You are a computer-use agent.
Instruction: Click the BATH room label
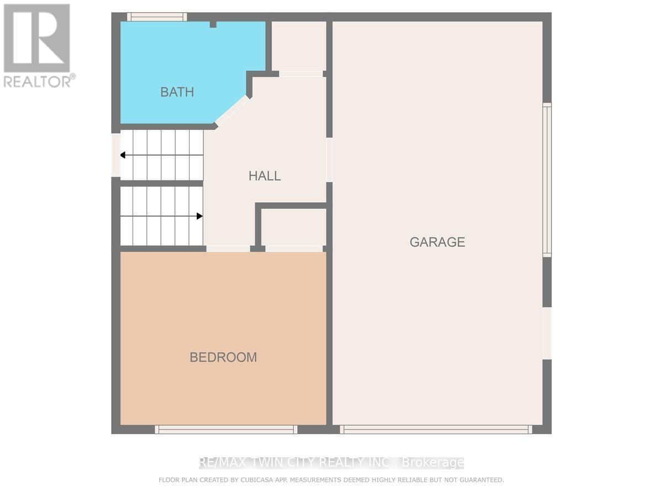pos(177,92)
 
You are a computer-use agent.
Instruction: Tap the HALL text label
pos(265,176)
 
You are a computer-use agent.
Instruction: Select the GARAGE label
pos(437,242)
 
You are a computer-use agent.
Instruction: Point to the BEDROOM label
pos(223,357)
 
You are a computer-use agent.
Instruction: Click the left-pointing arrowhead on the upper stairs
pos(123,155)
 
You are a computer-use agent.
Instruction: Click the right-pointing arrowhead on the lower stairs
pos(199,216)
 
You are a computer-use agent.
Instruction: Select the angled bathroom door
pos(232,109)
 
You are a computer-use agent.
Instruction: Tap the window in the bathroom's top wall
pos(156,17)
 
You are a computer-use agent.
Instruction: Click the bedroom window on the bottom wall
pos(226,429)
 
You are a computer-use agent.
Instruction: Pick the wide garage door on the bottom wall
pos(436,429)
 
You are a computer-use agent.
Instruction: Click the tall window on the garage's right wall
pos(546,179)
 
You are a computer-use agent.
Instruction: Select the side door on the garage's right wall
pos(546,333)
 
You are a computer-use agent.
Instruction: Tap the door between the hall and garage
pos(329,160)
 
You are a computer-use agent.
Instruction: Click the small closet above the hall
pos(298,46)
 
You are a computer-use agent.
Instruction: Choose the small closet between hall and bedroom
pos(293,226)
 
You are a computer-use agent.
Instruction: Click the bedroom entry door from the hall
pos(228,248)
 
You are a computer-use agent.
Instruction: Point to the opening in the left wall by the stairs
pos(115,155)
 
